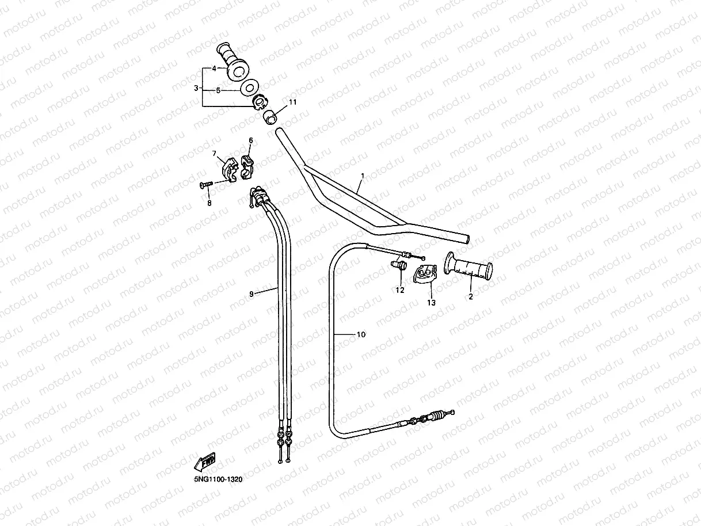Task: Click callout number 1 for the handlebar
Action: (363, 175)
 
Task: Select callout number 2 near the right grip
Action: (470, 297)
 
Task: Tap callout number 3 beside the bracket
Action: (196, 88)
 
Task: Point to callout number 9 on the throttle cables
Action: (252, 294)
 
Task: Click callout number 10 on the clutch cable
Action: (361, 334)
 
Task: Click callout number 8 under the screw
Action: (209, 203)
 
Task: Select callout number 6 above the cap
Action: (250, 140)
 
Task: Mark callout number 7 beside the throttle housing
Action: (214, 153)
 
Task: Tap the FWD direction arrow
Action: (205, 462)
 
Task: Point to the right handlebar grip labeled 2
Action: (468, 268)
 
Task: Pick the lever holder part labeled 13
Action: (425, 273)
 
